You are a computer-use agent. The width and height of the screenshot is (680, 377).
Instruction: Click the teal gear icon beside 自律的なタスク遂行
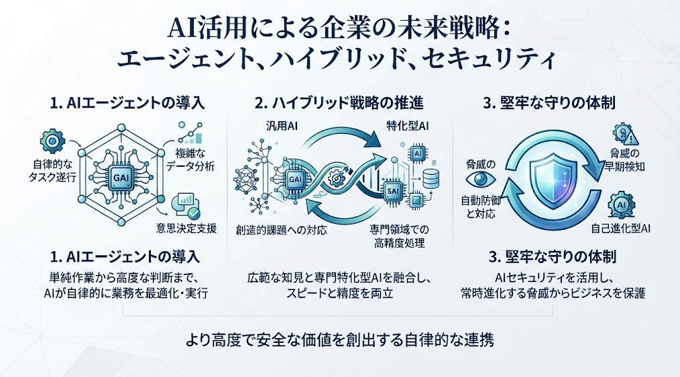click(x=52, y=141)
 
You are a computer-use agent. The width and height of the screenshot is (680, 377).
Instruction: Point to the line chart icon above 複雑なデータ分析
click(x=190, y=133)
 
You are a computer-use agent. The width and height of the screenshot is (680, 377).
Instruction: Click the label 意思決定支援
click(x=186, y=228)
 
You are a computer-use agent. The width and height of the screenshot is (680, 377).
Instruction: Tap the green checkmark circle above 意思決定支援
click(x=193, y=213)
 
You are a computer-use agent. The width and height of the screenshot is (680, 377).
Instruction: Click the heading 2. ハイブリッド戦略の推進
click(x=339, y=103)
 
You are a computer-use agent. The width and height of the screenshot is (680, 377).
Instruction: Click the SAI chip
click(x=392, y=191)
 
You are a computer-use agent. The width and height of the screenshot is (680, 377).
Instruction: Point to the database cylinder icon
click(x=431, y=179)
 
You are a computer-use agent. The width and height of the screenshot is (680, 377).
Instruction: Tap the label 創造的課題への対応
click(x=281, y=230)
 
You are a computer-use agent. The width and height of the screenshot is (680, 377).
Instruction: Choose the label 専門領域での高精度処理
click(x=400, y=236)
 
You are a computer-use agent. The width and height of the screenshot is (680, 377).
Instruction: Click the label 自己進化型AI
click(x=620, y=228)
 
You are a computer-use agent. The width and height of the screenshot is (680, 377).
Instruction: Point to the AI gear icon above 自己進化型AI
click(x=621, y=205)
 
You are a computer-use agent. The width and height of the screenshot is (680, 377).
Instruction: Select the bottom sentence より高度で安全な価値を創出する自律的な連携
click(x=339, y=340)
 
